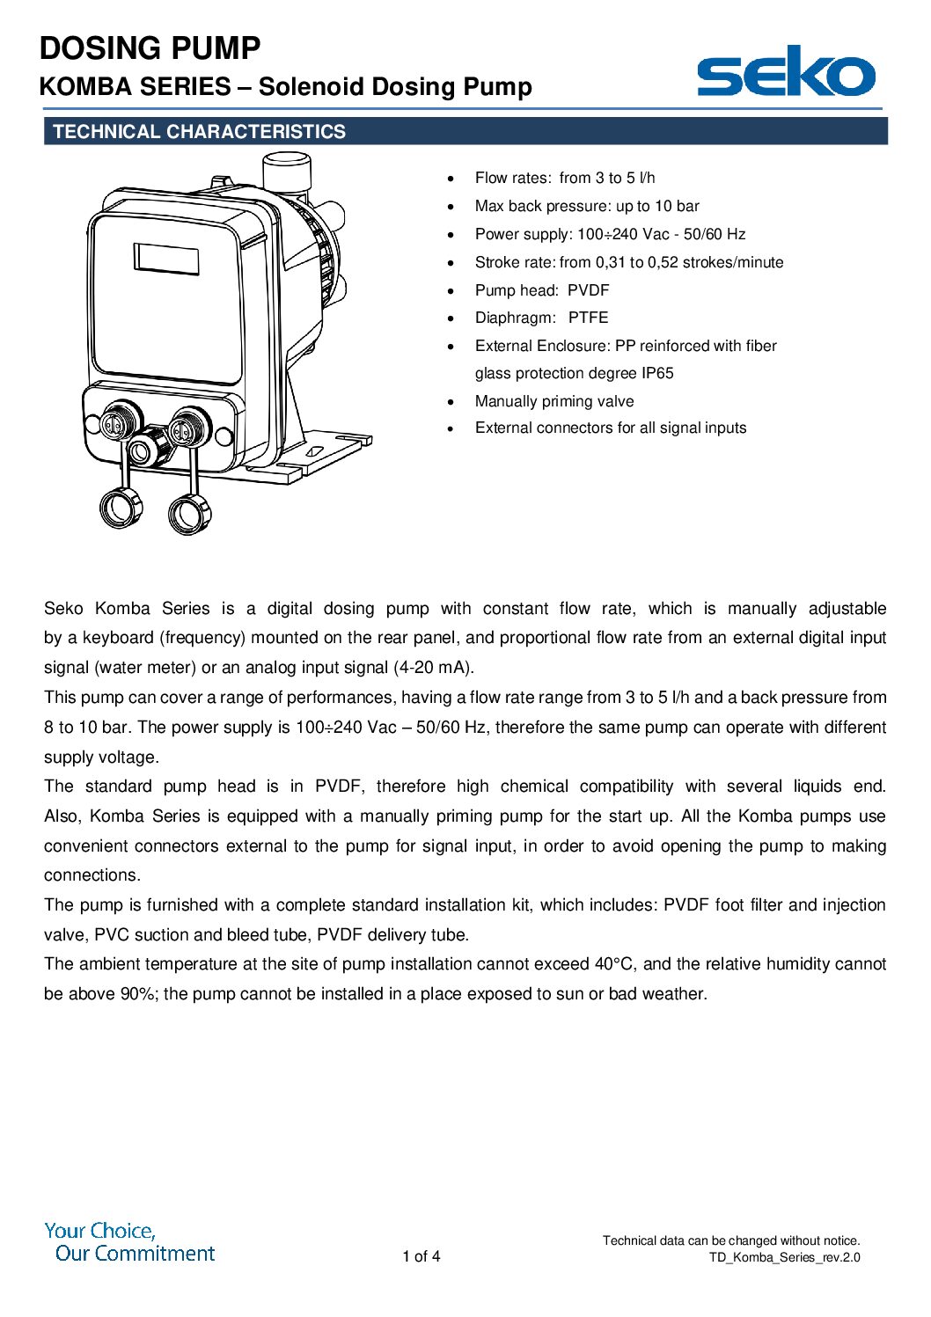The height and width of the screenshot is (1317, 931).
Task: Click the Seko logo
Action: tap(786, 72)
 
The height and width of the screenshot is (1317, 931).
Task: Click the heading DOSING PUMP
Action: tap(150, 48)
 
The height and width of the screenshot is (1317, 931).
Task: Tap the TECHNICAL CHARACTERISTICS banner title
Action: tap(199, 132)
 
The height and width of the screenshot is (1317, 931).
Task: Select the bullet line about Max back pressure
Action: tap(587, 206)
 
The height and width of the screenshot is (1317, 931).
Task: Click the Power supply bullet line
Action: tap(610, 234)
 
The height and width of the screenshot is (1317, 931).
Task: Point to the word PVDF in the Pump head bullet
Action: tap(588, 290)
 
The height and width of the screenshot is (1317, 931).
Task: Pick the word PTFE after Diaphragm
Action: tap(588, 318)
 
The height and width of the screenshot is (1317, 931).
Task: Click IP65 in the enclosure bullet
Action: tap(657, 373)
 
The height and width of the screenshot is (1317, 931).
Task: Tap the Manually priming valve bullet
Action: tap(554, 401)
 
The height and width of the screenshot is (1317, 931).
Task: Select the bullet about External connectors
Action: tap(611, 428)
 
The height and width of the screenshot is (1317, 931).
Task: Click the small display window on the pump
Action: tap(166, 259)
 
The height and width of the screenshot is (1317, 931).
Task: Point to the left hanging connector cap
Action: tap(120, 508)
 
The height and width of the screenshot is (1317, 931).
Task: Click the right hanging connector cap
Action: tap(189, 514)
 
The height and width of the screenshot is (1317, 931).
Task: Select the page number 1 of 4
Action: tap(422, 1256)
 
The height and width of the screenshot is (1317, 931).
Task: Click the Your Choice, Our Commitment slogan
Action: tap(129, 1242)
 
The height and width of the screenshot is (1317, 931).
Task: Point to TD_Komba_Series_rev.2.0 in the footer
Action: tap(785, 1257)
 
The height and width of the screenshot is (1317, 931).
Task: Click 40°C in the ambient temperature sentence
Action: tap(614, 964)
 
